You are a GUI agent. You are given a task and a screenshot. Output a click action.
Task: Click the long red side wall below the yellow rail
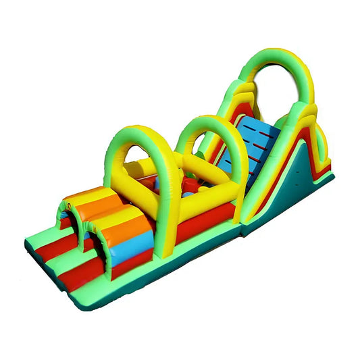point(203,223)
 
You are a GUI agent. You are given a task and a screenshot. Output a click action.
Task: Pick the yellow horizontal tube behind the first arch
point(135,165)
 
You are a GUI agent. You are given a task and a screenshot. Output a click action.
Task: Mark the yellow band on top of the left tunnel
point(88,197)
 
